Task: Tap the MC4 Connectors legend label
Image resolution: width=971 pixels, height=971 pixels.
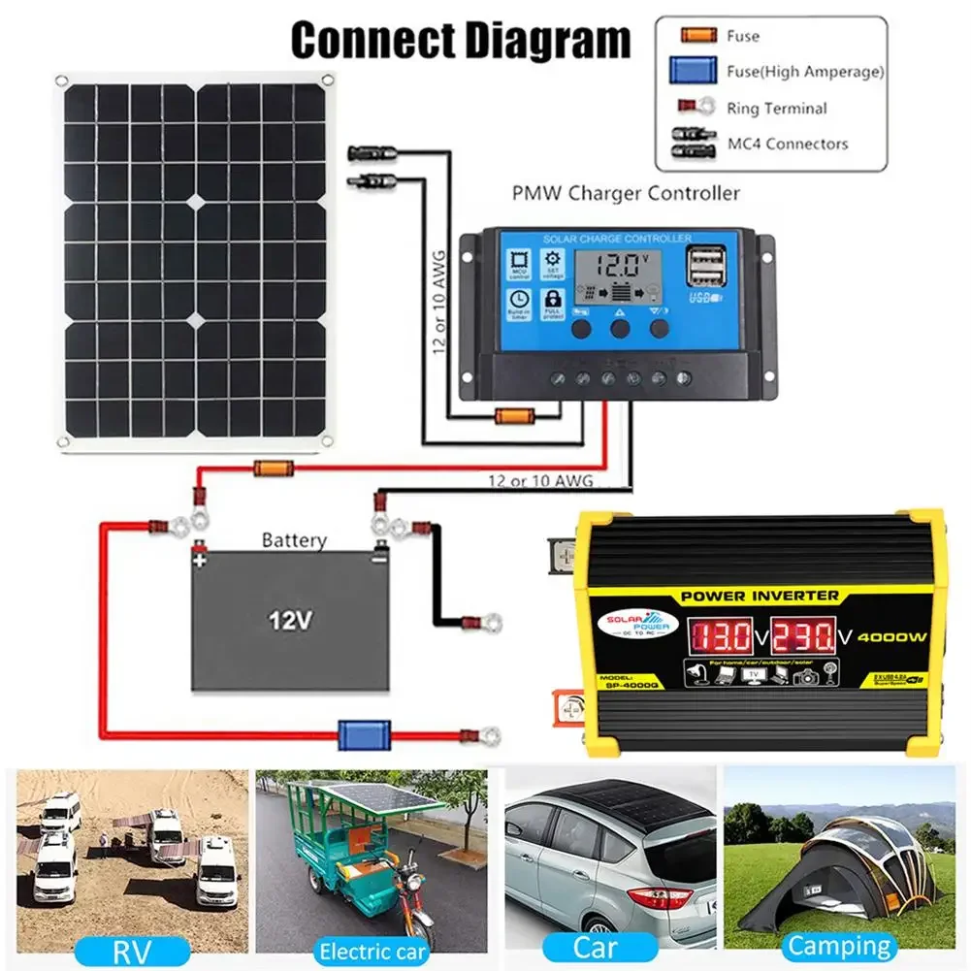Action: tap(788, 145)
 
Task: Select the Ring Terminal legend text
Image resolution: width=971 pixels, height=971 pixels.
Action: tap(776, 109)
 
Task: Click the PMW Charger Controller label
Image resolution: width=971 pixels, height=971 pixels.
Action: tap(626, 192)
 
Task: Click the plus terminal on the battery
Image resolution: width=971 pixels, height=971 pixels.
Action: tap(200, 559)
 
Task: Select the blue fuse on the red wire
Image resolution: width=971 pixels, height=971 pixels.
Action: tap(364, 734)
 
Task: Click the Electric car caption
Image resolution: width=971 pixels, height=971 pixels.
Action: tap(372, 951)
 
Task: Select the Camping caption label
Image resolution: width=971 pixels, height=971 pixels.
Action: tap(839, 946)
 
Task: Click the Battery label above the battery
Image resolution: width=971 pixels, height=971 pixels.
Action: tap(295, 540)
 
